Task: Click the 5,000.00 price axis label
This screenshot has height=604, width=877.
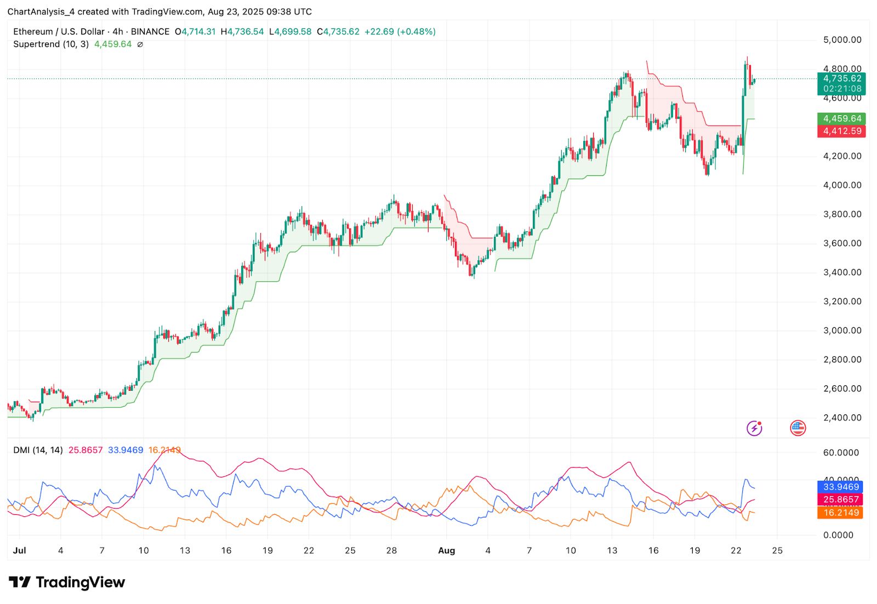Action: click(x=842, y=39)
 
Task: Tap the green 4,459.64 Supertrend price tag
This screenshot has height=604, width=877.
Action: click(x=842, y=118)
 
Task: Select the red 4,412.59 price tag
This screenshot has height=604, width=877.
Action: click(x=842, y=131)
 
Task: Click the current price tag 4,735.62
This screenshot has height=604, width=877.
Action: click(x=842, y=78)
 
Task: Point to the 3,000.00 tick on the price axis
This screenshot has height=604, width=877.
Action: click(x=842, y=331)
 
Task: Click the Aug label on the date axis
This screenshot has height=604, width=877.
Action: click(x=446, y=550)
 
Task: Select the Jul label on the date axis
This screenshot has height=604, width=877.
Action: click(x=19, y=550)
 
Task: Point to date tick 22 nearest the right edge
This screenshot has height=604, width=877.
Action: click(x=736, y=550)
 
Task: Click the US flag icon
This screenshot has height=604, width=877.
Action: click(x=798, y=428)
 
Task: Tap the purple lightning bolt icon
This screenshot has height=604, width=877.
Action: click(x=754, y=428)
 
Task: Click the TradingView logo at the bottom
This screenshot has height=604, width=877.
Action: click(x=67, y=582)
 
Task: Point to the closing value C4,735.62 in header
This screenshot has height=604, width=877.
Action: click(x=338, y=32)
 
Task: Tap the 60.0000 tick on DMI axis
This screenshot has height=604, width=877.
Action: click(x=841, y=453)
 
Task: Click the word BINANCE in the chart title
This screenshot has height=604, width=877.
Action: click(x=150, y=32)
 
